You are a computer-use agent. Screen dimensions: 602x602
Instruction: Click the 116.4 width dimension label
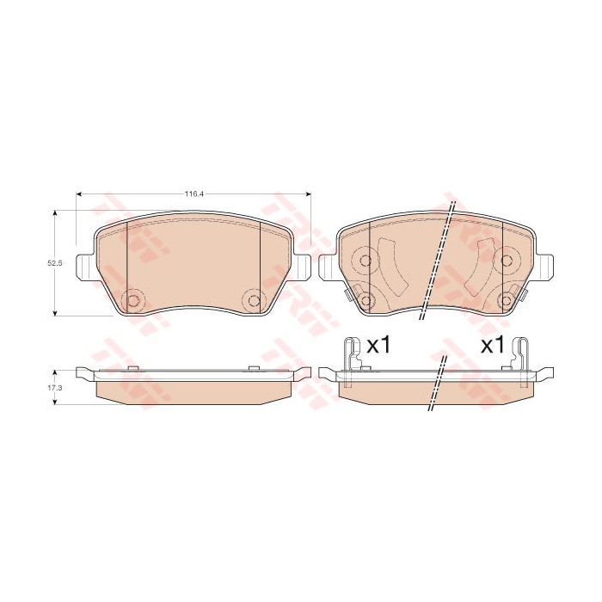tap(193, 194)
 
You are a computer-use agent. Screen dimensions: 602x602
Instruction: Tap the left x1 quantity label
tap(378, 346)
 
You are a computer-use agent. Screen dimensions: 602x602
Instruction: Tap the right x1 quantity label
tap(491, 346)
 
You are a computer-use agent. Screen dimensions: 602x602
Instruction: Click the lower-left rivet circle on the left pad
tap(133, 299)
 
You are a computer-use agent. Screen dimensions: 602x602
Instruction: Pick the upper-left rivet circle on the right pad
tap(365, 261)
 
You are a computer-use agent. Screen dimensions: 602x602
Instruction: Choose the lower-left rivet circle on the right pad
tap(365, 300)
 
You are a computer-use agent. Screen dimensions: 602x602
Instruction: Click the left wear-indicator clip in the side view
tap(351, 353)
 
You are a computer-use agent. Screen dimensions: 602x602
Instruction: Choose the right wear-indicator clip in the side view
tap(521, 353)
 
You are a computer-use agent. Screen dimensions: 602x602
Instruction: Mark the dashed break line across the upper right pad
tap(437, 262)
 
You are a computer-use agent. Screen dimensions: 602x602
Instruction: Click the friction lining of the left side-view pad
tap(193, 391)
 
